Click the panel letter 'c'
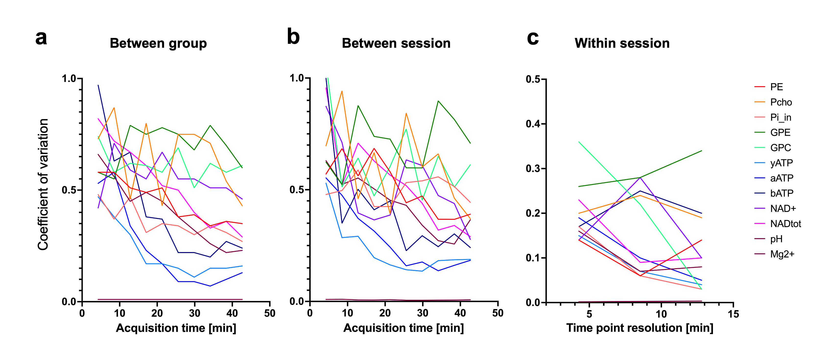[532, 39]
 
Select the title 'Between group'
[158, 43]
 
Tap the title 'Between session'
[396, 43]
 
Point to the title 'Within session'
[622, 43]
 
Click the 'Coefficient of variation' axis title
[43, 185]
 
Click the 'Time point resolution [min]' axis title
[640, 328]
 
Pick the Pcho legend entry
[781, 102]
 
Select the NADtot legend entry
[785, 224]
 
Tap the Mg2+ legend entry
[782, 254]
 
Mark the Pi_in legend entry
[781, 117]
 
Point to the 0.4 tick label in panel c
[532, 124]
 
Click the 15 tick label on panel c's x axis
[733, 314]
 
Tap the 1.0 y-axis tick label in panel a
[69, 78]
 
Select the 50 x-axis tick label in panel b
[497, 313]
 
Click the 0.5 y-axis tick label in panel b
[297, 190]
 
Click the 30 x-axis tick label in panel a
[194, 313]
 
